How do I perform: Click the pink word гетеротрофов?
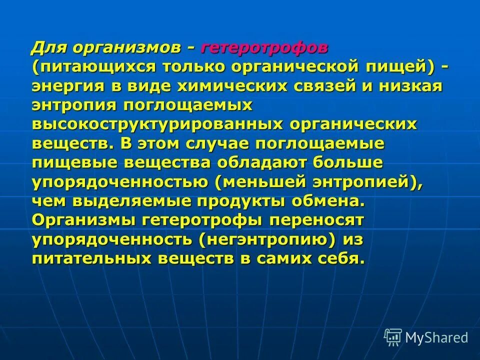265,48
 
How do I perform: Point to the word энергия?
68,85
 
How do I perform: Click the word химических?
217,85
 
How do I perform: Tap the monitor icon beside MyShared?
393,337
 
